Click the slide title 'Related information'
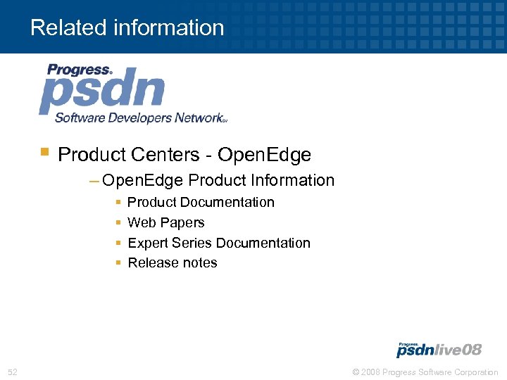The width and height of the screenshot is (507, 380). [127, 28]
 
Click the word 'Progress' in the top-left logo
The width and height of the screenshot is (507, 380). [78, 70]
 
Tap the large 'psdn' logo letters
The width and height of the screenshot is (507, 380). [102, 93]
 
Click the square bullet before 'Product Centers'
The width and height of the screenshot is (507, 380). [44, 151]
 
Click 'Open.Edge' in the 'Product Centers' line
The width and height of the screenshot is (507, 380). [264, 154]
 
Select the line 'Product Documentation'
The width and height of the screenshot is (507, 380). [201, 203]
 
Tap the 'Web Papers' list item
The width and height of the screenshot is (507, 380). [165, 222]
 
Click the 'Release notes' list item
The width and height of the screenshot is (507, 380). [172, 262]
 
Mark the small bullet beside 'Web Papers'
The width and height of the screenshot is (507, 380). [118, 222]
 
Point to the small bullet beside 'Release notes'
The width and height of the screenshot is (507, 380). [118, 262]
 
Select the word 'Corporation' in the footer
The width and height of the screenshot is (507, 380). [475, 372]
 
